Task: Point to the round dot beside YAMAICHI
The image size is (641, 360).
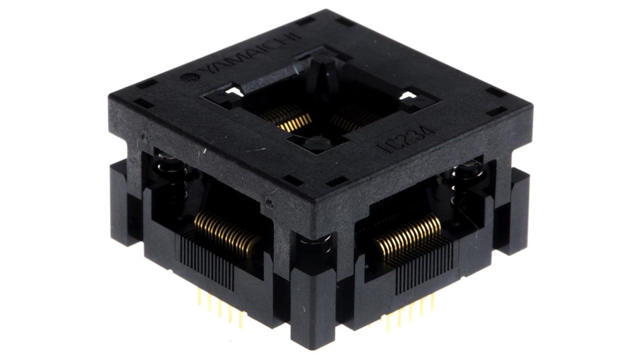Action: tap(185, 77)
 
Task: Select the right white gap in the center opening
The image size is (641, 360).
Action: tap(408, 96)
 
